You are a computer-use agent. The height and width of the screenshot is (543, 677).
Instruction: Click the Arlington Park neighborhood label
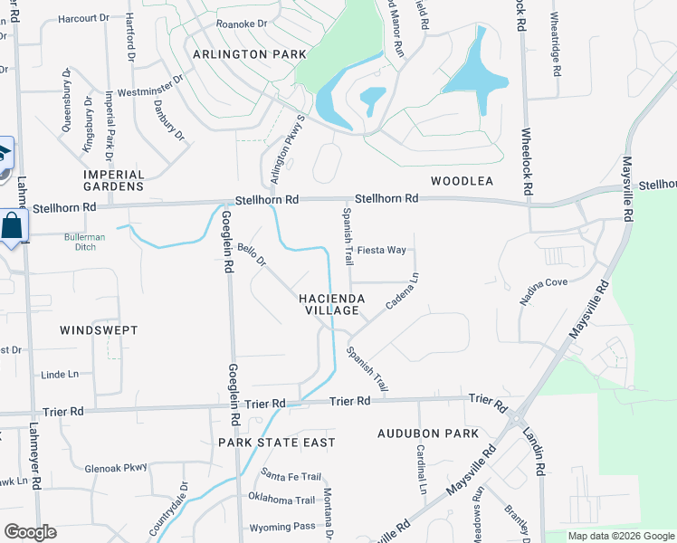pos(243,54)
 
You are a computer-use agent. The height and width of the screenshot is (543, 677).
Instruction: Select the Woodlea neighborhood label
pos(462,181)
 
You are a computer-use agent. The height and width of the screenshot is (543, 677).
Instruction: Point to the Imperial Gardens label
pos(114,180)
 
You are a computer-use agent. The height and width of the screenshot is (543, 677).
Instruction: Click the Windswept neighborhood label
pos(99,330)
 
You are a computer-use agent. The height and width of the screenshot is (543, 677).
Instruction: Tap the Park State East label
pos(277,443)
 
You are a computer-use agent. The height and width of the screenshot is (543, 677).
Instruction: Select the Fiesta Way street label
pos(381,250)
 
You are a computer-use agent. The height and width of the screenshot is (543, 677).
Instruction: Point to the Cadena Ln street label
pos(403,292)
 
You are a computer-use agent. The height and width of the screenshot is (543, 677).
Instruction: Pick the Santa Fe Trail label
pos(291,476)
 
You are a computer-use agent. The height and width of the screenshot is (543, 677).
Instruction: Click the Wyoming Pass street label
pos(284,526)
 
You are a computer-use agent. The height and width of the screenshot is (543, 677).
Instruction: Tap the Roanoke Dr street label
pos(242,24)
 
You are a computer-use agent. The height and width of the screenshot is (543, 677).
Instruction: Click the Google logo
pos(30,532)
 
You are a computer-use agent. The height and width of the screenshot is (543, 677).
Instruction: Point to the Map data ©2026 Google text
pos(620,536)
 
